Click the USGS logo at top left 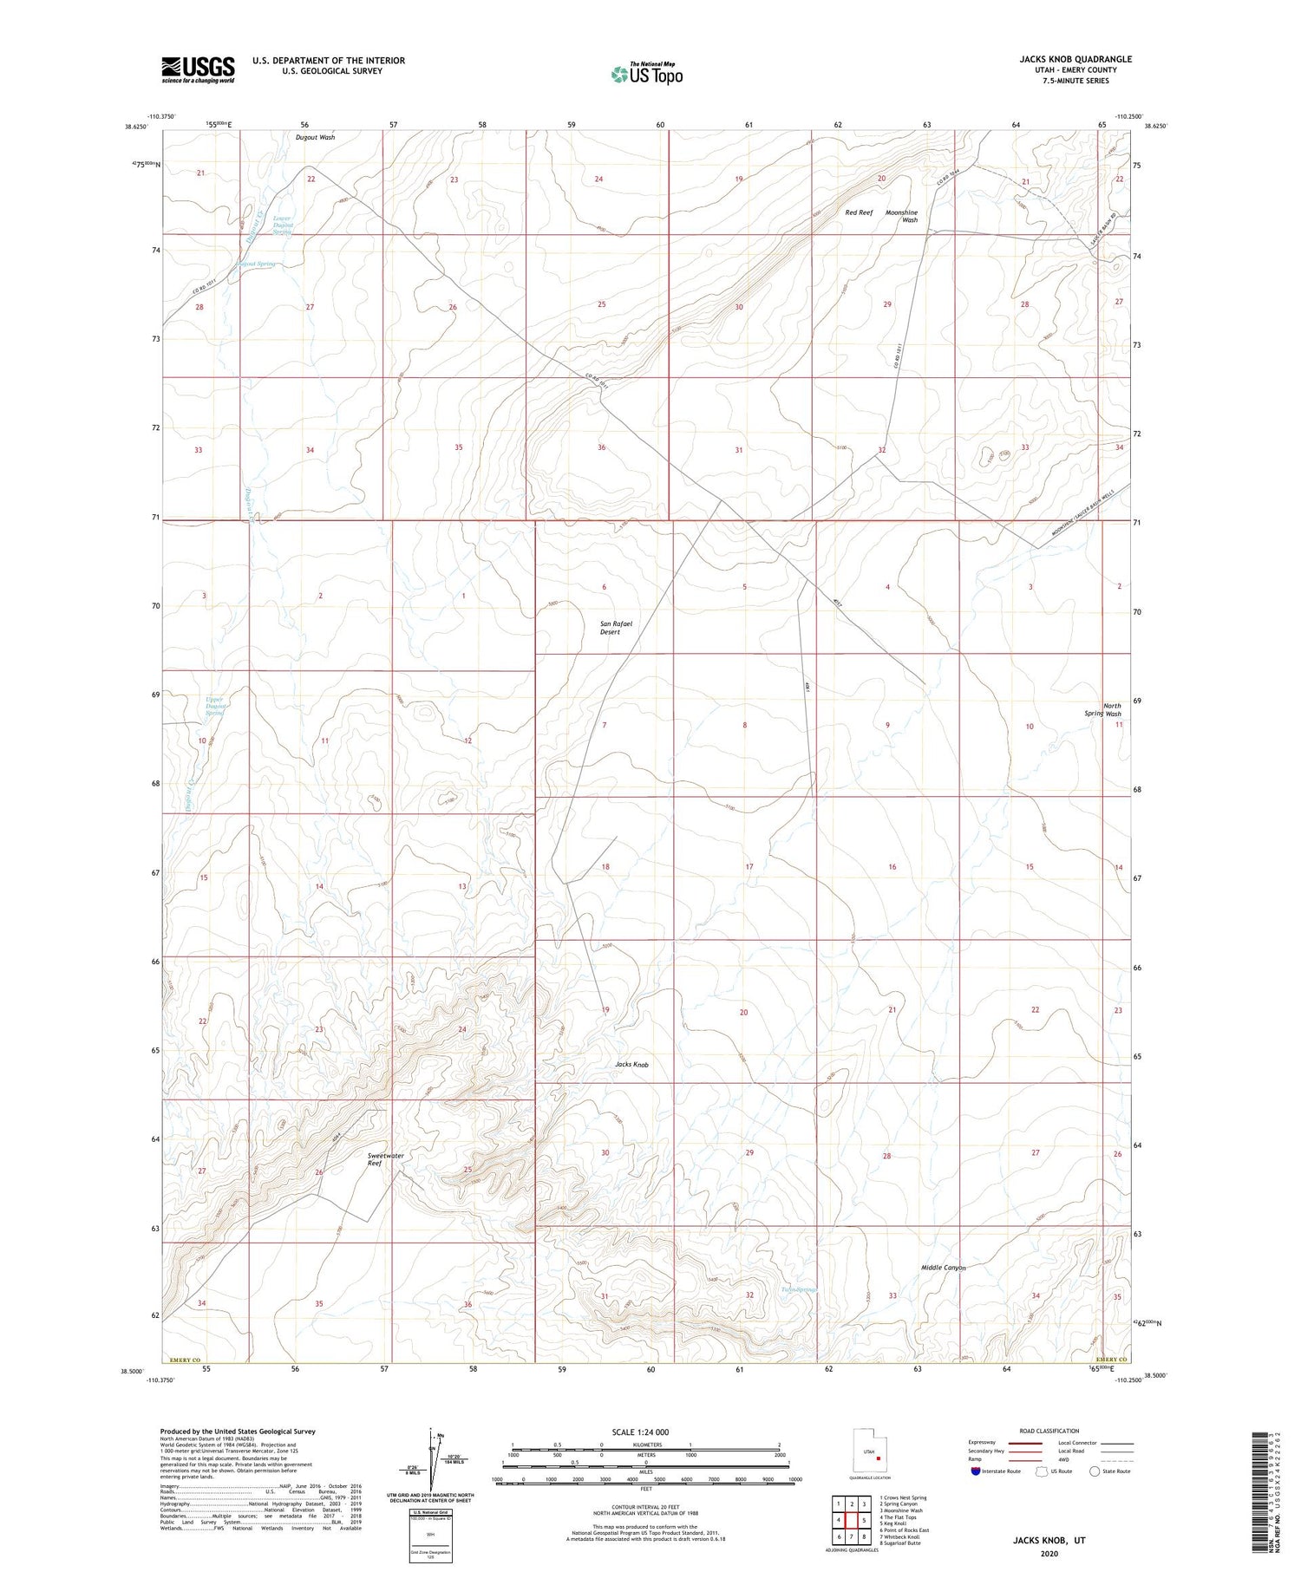pyautogui.click(x=198, y=69)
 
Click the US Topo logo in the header pyautogui.click(x=646, y=75)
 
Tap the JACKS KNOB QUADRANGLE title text pyautogui.click(x=1075, y=59)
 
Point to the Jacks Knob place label pyautogui.click(x=631, y=1064)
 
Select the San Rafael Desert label pyautogui.click(x=611, y=627)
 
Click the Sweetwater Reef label pyautogui.click(x=385, y=1159)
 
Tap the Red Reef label pyautogui.click(x=859, y=212)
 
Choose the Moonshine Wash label pyautogui.click(x=901, y=216)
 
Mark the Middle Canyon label pyautogui.click(x=943, y=1268)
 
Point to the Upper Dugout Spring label pyautogui.click(x=214, y=706)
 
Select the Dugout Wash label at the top pyautogui.click(x=314, y=137)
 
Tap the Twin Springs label pyautogui.click(x=798, y=1289)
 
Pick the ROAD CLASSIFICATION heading pyautogui.click(x=1049, y=1431)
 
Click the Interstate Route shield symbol pyautogui.click(x=975, y=1471)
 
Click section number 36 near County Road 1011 pyautogui.click(x=601, y=447)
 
